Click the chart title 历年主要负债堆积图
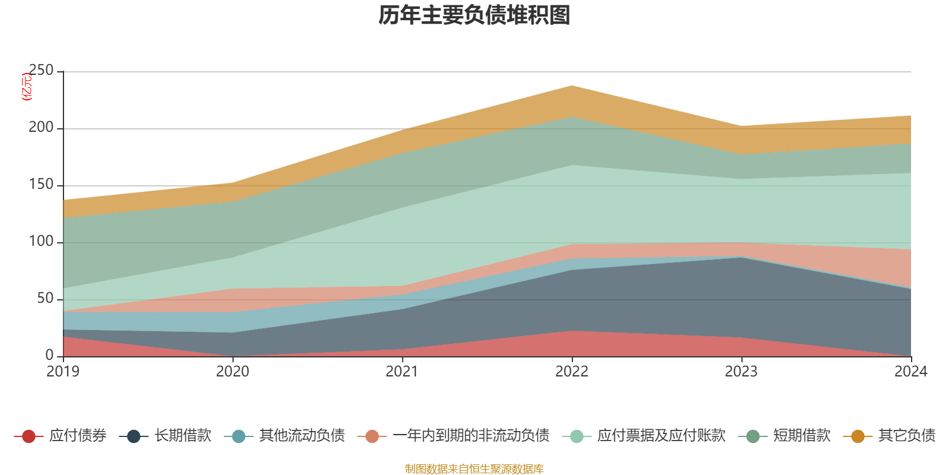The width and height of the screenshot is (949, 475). point(474,15)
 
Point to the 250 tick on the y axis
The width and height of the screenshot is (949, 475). point(41,71)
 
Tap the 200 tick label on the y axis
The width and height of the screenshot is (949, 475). point(41,128)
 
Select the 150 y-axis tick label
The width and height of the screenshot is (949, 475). point(41,185)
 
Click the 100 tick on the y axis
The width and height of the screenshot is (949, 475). point(41,242)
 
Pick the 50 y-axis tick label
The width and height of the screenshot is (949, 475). point(45,299)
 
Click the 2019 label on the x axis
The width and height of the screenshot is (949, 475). point(63,372)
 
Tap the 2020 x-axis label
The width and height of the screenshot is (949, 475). point(233,372)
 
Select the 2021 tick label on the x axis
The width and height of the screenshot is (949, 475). point(402,372)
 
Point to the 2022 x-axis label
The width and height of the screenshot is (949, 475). point(572,372)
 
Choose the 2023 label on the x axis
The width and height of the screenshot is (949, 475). point(741,372)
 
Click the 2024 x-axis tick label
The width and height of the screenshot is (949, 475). point(910,372)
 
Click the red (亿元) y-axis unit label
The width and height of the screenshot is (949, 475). point(27,87)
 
